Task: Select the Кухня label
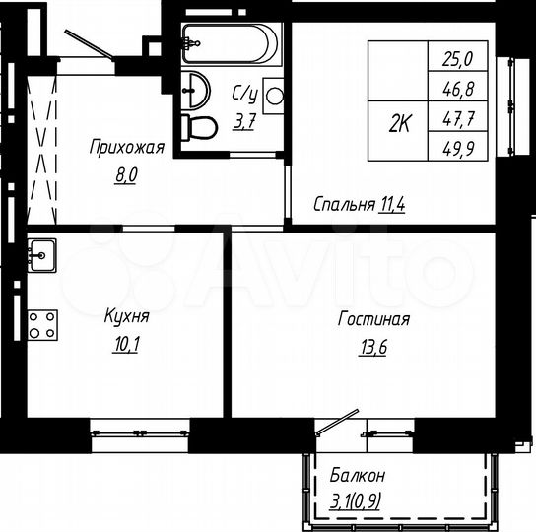tap(125, 317)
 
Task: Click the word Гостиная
tap(373, 320)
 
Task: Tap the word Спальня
tap(343, 205)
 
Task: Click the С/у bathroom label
tap(244, 95)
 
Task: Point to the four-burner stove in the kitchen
tap(41, 325)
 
